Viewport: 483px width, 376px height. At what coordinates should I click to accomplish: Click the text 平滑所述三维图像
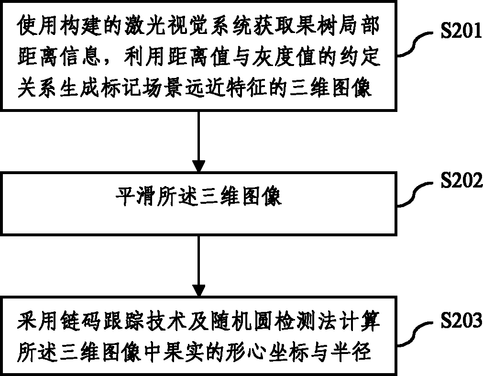[198, 197]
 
